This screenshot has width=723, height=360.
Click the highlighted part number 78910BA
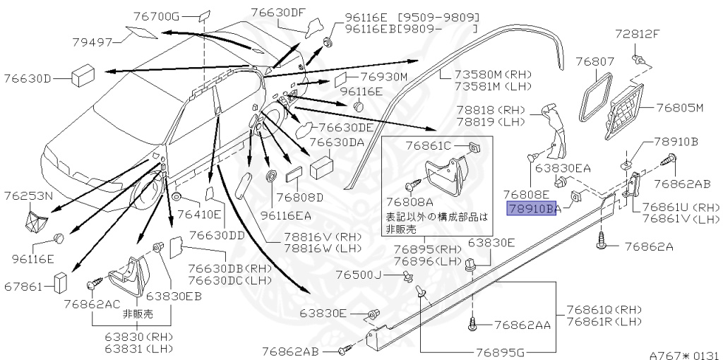tap(533, 208)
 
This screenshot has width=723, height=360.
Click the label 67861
tap(24, 286)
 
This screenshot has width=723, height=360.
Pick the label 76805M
tap(681, 108)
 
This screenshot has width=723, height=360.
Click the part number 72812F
tap(637, 33)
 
